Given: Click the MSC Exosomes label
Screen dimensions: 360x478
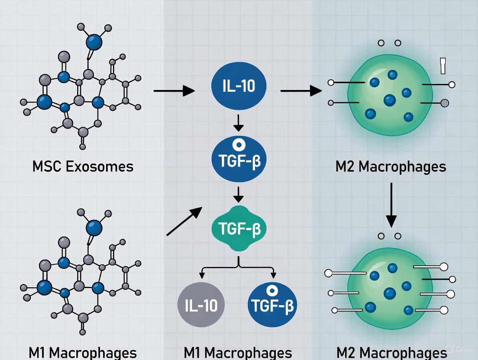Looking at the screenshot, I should pos(83,166).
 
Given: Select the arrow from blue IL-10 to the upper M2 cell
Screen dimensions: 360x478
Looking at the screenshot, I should pos(301,91).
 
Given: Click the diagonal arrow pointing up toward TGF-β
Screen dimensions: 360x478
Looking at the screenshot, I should pos(184,221).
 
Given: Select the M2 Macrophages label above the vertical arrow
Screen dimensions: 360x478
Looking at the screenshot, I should pos(391,167).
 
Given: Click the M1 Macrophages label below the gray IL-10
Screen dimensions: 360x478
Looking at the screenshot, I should pos(238,352).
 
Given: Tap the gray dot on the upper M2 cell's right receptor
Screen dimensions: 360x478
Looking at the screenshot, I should pos(444,103).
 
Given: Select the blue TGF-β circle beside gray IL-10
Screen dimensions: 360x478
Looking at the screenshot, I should pos(271,305).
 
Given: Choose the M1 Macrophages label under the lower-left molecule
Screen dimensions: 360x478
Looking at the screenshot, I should pos(83,352).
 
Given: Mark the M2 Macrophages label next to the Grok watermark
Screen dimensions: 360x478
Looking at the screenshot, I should pos(391,352).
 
